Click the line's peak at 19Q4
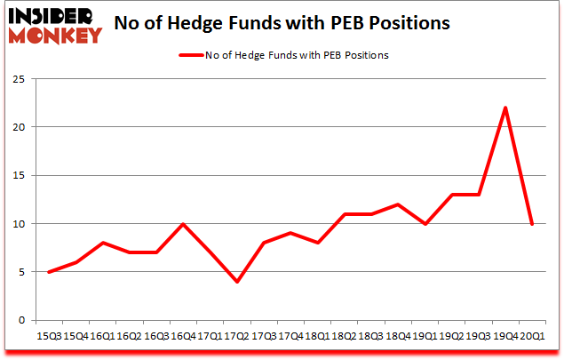pos(504,108)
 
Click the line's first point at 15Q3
pos(50,272)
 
